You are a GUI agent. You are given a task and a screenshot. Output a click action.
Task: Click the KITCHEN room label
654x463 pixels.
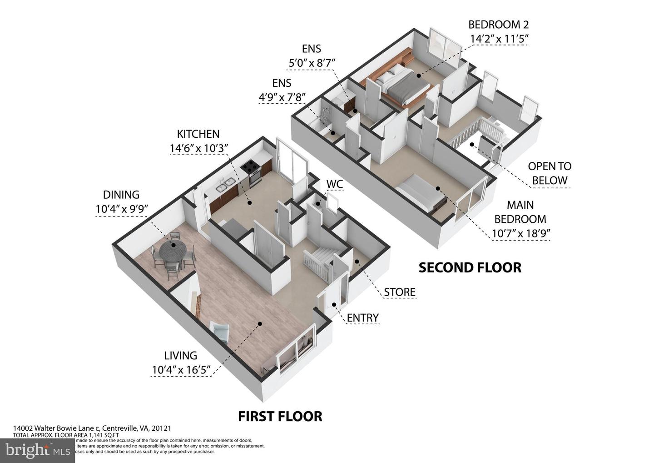(198, 134)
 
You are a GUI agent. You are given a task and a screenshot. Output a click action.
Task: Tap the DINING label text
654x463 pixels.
(121, 195)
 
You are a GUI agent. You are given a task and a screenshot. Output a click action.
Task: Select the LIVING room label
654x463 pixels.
(180, 356)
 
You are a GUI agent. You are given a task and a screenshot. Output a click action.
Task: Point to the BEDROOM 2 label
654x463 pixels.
(498, 25)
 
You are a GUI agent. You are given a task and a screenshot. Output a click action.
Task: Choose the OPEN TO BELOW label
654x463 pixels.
(550, 173)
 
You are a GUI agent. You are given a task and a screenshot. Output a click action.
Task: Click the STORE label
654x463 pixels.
(400, 292)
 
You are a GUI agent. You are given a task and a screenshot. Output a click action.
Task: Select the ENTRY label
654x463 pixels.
(362, 318)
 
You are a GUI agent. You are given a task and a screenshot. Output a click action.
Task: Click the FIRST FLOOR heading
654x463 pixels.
(280, 416)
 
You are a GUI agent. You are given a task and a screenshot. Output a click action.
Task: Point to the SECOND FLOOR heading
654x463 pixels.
(470, 267)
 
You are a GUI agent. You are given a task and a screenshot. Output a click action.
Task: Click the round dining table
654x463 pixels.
(173, 250)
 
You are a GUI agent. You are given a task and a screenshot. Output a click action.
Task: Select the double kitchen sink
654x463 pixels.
(225, 185)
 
